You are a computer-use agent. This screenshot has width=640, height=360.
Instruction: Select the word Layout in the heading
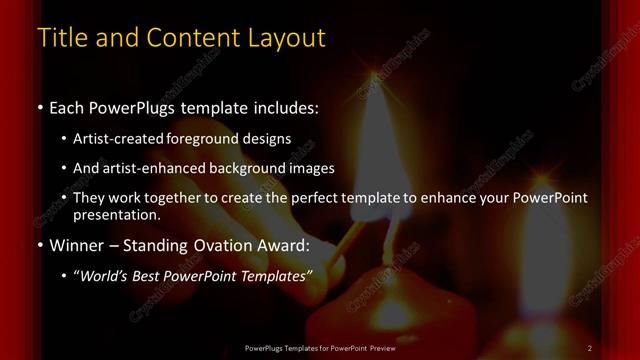tap(282, 38)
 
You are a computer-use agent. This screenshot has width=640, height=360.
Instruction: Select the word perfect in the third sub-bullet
tap(321, 198)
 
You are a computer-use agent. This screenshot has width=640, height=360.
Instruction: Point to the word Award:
tap(286, 245)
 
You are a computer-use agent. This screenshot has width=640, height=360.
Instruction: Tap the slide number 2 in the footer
tap(590, 348)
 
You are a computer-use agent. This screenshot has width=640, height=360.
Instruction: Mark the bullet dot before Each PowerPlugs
tap(39, 106)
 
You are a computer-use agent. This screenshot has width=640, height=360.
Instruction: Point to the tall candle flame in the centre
tap(375, 140)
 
